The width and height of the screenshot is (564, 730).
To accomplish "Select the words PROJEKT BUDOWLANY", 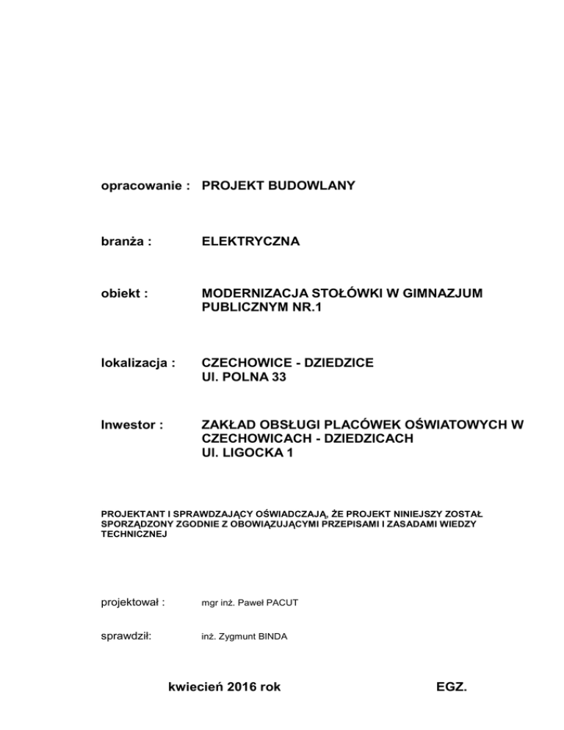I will pos(278,186).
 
